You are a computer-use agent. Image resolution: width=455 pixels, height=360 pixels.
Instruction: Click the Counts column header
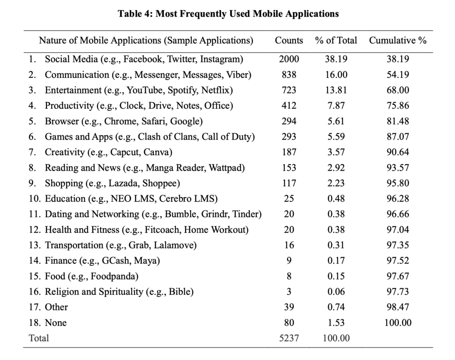289,40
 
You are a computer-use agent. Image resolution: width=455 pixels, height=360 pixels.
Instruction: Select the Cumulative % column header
398,40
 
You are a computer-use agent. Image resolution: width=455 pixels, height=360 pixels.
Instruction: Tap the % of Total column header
336,40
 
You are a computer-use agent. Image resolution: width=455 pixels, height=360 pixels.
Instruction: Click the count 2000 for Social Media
289,59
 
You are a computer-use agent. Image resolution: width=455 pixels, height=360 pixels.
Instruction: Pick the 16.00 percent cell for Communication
336,75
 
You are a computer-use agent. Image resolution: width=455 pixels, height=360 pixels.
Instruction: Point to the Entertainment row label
73,90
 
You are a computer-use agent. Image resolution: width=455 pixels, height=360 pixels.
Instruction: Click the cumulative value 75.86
398,106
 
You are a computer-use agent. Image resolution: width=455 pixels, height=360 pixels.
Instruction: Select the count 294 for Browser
289,121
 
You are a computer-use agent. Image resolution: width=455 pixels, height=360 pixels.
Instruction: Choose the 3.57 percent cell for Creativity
336,152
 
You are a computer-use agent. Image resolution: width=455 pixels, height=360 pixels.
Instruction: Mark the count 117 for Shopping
289,183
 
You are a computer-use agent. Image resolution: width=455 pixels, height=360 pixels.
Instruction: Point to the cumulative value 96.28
398,199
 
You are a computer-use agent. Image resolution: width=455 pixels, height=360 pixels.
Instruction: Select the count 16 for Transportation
289,245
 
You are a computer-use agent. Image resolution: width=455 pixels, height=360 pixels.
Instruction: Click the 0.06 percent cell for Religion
336,292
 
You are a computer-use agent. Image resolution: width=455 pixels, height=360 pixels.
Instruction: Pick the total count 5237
289,338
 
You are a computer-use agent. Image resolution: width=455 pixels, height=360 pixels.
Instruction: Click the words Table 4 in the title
133,14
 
